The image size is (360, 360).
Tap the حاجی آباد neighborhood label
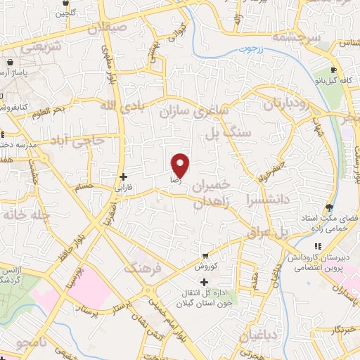(79, 139)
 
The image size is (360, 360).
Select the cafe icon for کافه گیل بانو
(334, 72)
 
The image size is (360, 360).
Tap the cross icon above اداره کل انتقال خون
(204, 282)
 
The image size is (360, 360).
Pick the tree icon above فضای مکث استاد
(328, 207)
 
